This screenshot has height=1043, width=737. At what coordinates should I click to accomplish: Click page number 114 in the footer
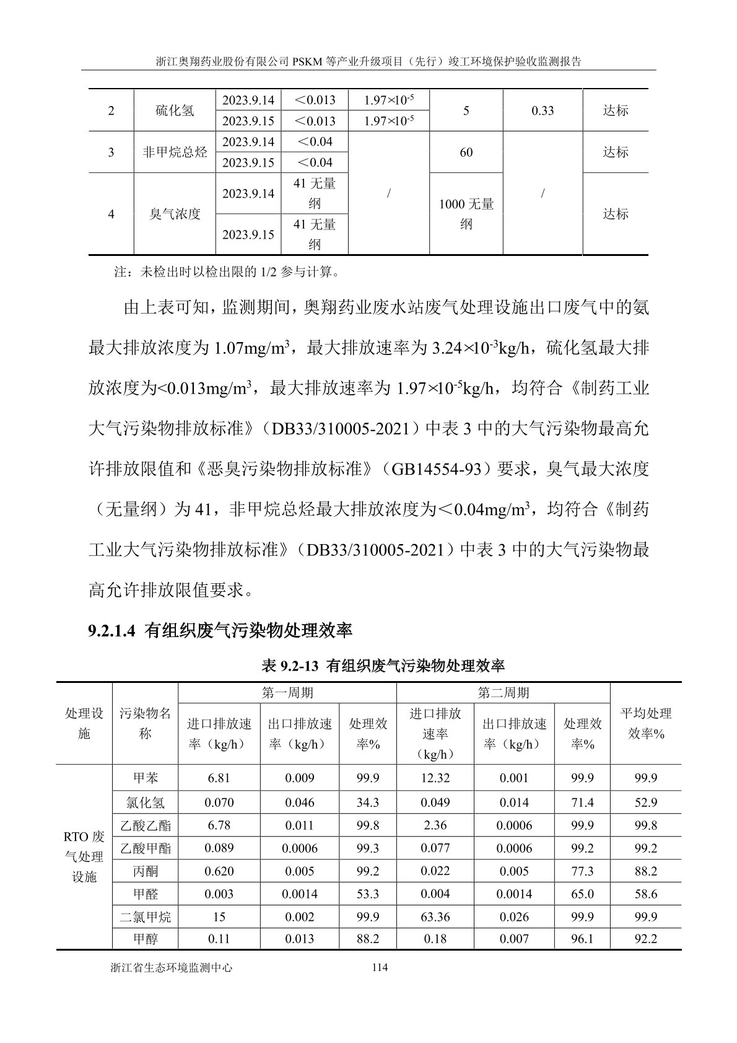[x=377, y=967]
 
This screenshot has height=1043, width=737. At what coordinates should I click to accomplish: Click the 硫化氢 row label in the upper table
[x=175, y=110]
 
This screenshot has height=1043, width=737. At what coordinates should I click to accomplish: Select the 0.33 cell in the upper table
[x=543, y=110]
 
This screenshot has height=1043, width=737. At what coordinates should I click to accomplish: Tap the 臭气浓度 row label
[x=175, y=214]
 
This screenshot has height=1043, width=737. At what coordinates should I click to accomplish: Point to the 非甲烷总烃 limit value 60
[x=466, y=152]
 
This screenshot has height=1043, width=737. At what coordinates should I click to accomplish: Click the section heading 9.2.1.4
[x=220, y=631]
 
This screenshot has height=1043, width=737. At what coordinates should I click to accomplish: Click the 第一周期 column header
[x=287, y=693]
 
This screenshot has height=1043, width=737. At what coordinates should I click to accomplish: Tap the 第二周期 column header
[x=503, y=693]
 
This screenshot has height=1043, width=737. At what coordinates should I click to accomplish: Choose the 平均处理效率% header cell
[x=645, y=723]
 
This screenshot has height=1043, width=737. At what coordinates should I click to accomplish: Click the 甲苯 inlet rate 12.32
[x=435, y=778]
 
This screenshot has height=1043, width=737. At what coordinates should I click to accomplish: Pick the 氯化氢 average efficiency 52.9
[x=645, y=803]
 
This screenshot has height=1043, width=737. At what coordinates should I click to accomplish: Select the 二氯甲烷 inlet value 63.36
[x=435, y=917]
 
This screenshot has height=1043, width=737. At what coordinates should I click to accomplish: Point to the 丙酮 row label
[x=145, y=871]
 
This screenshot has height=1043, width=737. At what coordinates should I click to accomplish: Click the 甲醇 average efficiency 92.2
[x=645, y=939]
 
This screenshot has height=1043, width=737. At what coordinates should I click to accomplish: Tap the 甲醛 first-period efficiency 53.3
[x=368, y=894]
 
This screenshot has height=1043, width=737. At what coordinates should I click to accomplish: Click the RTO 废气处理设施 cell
[x=84, y=856]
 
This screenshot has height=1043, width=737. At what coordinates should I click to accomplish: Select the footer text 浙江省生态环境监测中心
[x=170, y=967]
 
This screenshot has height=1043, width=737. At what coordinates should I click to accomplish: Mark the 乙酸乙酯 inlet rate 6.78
[x=219, y=825]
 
